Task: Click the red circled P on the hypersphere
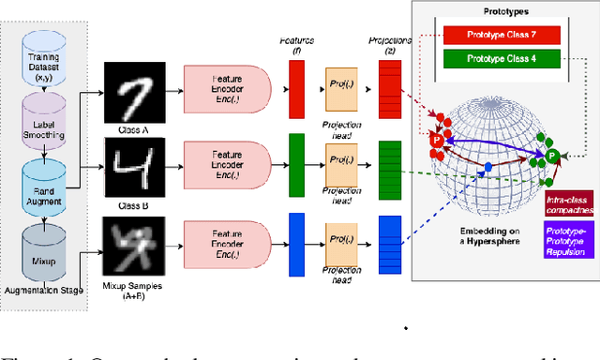point(435,140)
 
